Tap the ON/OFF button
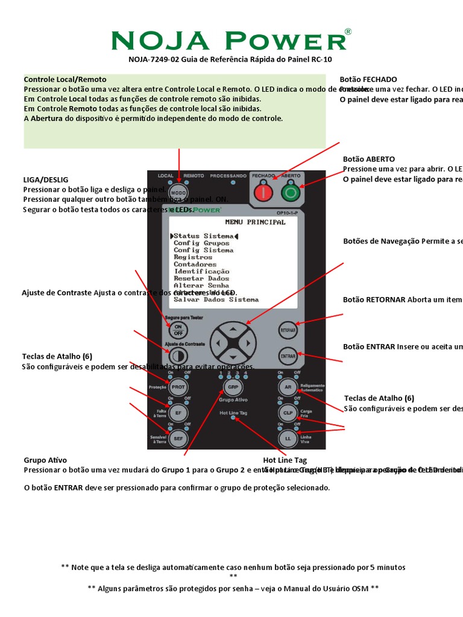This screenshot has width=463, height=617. [178, 330]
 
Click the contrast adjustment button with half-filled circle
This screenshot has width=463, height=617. [178, 355]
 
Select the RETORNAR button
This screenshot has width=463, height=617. [288, 330]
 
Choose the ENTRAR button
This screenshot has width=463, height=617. [288, 356]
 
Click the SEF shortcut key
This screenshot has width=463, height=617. [178, 439]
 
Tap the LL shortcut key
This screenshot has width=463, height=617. [288, 439]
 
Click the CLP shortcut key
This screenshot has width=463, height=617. [288, 413]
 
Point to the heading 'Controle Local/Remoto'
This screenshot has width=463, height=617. [65, 80]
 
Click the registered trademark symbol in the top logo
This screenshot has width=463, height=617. [348, 31]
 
